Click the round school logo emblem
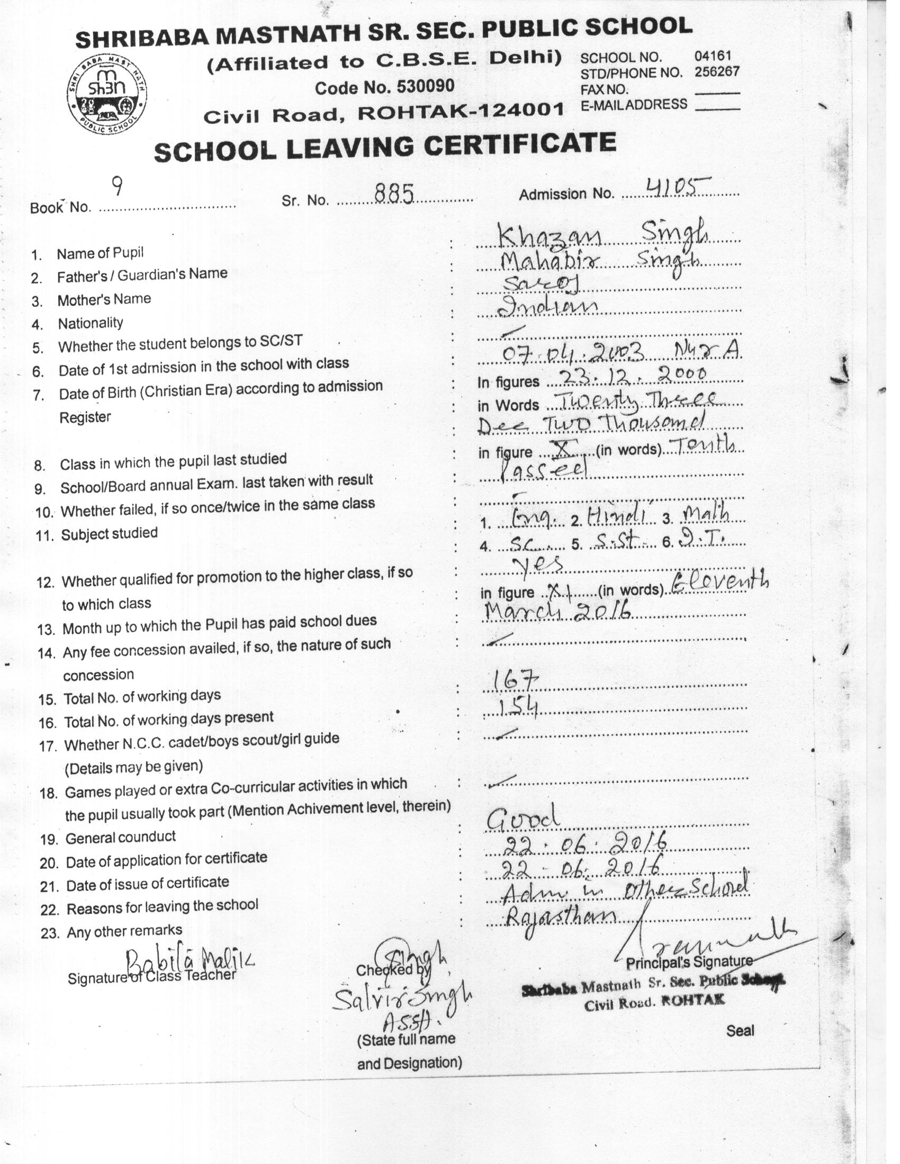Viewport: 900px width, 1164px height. coord(107,95)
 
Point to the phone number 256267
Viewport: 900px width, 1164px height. coord(717,71)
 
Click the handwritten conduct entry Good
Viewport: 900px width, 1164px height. coord(523,819)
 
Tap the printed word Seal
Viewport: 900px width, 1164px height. coord(740,1030)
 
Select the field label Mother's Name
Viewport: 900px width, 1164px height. coord(104,299)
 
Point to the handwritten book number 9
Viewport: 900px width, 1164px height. coord(118,187)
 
